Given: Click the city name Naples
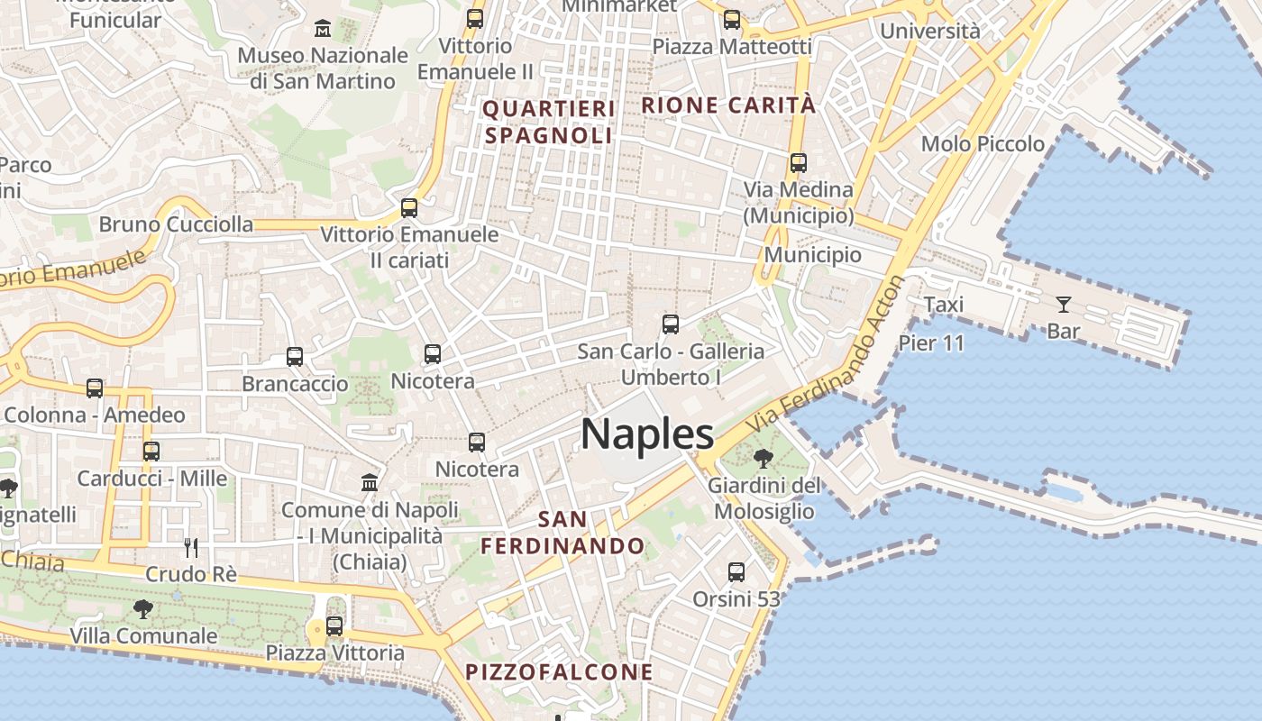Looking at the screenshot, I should pyautogui.click(x=647, y=434).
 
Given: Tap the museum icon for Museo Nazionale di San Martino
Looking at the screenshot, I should pyautogui.click(x=323, y=29).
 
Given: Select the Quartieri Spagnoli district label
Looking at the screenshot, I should pyautogui.click(x=549, y=122).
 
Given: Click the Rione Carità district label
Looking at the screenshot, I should pyautogui.click(x=728, y=105).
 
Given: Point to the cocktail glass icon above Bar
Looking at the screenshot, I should pyautogui.click(x=1064, y=305).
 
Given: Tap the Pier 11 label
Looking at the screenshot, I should pyautogui.click(x=931, y=342).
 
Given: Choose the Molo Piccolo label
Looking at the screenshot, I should pyautogui.click(x=983, y=144).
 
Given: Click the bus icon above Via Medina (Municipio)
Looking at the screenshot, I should pyautogui.click(x=798, y=163).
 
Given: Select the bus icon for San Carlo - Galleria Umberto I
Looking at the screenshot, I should pyautogui.click(x=670, y=324).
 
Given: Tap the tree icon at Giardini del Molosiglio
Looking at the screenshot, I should pyautogui.click(x=763, y=459).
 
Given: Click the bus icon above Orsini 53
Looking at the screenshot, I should pyautogui.click(x=736, y=571).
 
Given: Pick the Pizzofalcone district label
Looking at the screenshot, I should pyautogui.click(x=559, y=671).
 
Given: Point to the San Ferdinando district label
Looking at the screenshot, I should pyautogui.click(x=562, y=533).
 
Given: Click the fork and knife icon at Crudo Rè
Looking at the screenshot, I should pyautogui.click(x=191, y=547).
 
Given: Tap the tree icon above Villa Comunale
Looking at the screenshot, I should pyautogui.click(x=142, y=609).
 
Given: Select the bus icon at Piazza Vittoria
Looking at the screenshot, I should pyautogui.click(x=334, y=625).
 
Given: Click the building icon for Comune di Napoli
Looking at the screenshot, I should pyautogui.click(x=369, y=483).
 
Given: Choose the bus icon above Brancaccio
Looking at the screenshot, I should pyautogui.click(x=295, y=357).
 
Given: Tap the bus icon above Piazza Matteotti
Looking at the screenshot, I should pyautogui.click(x=732, y=20).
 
